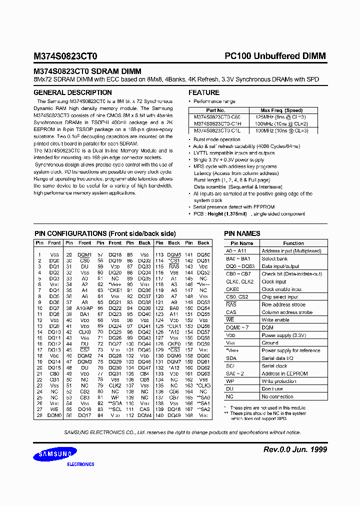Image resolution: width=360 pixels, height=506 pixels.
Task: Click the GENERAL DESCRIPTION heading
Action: click(72, 92)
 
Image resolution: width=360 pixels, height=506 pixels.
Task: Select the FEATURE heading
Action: click(203, 92)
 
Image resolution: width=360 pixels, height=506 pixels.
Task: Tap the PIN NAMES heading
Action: click(242, 233)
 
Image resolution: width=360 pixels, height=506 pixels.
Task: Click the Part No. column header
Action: click(215, 110)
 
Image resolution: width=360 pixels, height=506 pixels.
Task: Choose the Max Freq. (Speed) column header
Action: click(281, 110)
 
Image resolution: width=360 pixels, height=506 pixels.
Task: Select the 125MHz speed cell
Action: click(281, 116)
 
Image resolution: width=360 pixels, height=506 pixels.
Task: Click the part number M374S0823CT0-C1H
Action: click(217, 123)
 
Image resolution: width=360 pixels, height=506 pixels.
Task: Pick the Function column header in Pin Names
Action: click(293, 243)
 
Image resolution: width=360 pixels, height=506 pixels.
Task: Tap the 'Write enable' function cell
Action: click(275, 320)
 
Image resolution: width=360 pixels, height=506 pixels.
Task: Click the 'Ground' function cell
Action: click(270, 343)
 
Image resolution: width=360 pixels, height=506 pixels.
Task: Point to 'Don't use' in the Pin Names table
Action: click(272, 389)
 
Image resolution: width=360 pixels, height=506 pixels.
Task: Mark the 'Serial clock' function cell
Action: click(274, 366)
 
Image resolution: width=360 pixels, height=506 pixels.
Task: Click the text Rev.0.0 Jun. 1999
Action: click(295, 449)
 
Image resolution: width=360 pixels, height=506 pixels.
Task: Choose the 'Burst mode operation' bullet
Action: click(217, 139)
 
